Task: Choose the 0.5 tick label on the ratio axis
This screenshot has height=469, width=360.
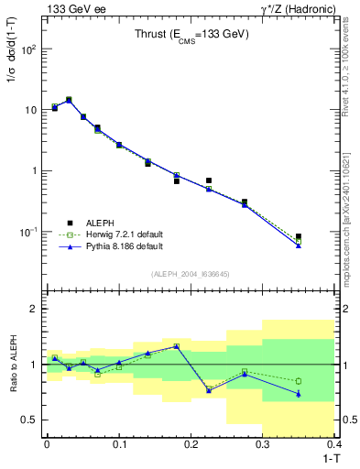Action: pos(30,420)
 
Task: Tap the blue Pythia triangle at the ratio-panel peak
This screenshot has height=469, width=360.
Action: pos(177,346)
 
